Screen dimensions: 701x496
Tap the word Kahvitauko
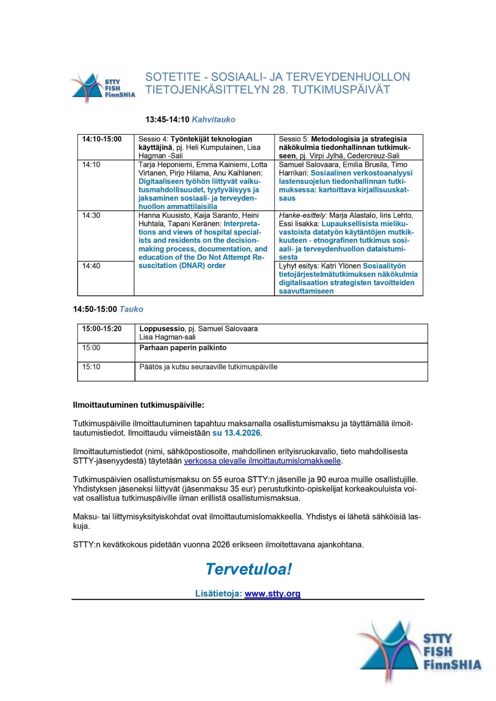[213, 120]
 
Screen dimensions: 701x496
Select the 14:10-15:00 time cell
[102, 139]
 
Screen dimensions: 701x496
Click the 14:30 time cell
[91, 216]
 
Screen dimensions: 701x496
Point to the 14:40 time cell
[91, 266]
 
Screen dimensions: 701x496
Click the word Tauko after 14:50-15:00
[131, 309]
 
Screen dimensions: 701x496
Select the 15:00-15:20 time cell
[102, 329]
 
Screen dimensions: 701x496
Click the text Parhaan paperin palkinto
[183, 348]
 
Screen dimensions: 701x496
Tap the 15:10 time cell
[91, 367]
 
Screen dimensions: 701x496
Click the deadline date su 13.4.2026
[236, 433]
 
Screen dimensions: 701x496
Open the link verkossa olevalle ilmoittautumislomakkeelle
[262, 461]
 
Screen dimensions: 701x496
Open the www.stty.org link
[273, 593]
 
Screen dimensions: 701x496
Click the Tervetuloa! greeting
[248, 569]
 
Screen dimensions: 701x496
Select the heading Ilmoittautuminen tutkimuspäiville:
[139, 405]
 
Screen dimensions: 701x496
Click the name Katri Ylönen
[341, 266]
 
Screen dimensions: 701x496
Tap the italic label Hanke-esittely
[302, 216]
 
